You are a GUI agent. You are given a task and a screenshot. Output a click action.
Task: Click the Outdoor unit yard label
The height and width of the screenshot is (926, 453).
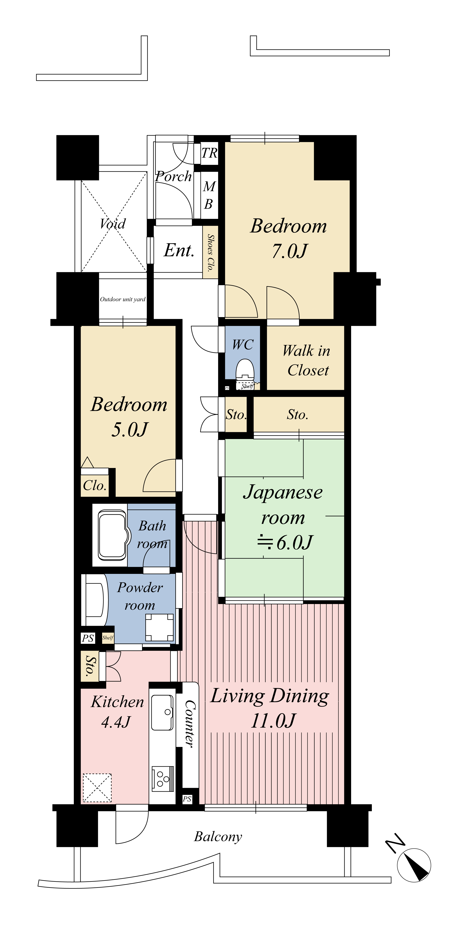123,299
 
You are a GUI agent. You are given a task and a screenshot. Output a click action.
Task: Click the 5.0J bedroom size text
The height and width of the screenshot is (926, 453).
130,430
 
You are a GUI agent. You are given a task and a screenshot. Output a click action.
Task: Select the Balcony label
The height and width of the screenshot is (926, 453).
218,837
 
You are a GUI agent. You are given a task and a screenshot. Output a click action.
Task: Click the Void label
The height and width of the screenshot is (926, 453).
113,224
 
